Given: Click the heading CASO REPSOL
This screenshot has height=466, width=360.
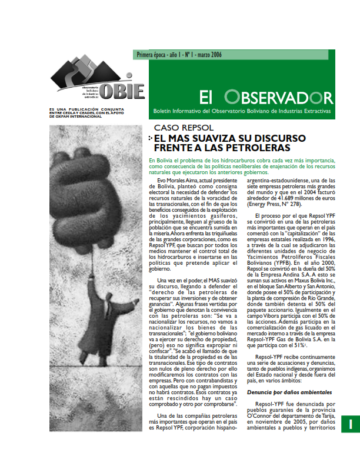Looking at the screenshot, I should click(x=179, y=128).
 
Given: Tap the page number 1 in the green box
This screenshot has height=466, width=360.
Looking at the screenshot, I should click(x=348, y=424).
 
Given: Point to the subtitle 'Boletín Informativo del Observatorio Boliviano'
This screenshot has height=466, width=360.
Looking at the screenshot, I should click(x=241, y=111).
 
